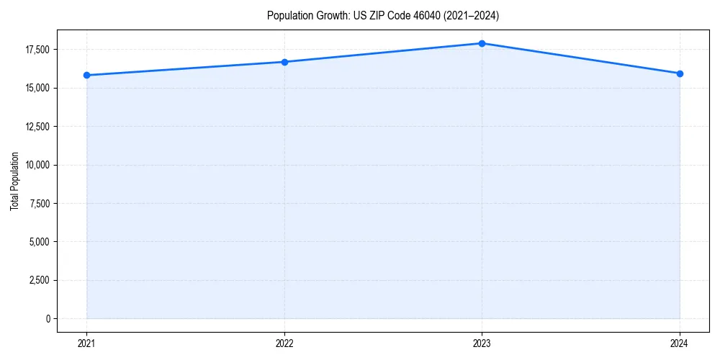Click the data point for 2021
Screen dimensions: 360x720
click(x=86, y=75)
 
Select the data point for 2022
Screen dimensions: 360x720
click(x=284, y=62)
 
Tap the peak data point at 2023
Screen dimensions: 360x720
click(x=482, y=43)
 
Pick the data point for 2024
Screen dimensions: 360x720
click(x=680, y=73)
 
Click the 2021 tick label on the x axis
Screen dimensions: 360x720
click(x=86, y=343)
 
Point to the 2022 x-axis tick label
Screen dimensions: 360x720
click(x=284, y=343)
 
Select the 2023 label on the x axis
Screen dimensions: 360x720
click(x=482, y=343)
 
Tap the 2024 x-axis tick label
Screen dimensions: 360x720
click(x=680, y=343)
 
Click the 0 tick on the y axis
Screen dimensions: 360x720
click(x=48, y=318)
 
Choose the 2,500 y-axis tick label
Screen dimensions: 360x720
click(x=40, y=280)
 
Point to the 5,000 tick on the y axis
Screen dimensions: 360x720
click(x=40, y=242)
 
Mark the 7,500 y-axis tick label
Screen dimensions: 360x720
click(x=40, y=203)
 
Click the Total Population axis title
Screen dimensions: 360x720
click(x=14, y=181)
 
